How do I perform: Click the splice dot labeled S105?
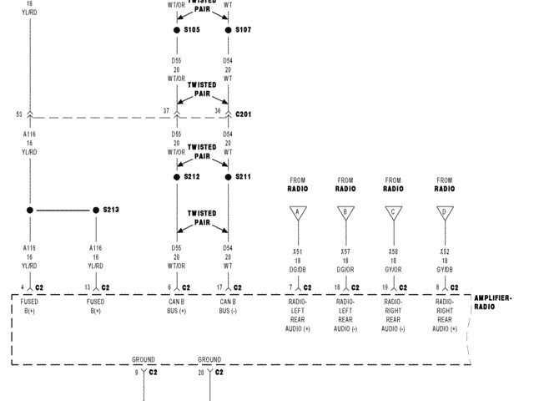[177, 30]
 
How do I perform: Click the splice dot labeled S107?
[228, 30]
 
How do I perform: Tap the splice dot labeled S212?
[177, 177]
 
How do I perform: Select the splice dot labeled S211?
[228, 177]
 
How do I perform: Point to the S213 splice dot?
[96, 210]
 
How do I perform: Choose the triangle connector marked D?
[444, 213]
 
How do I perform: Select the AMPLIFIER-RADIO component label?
[492, 302]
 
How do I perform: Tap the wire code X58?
[393, 251]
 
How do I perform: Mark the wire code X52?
[444, 251]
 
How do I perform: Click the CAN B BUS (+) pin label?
[177, 306]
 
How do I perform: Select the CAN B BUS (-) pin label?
[228, 306]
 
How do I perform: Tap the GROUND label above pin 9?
[144, 360]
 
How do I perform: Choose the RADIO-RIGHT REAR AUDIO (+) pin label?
[444, 315]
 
